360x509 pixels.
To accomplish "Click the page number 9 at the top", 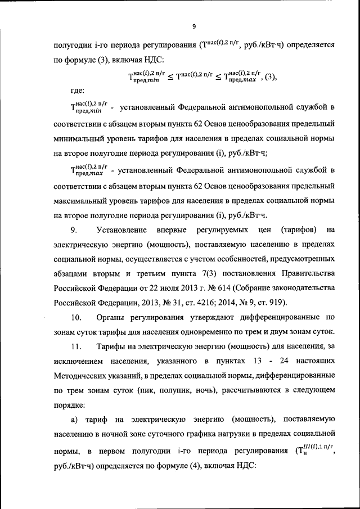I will (x=193, y=26).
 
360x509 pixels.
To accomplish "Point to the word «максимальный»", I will (x=82, y=200).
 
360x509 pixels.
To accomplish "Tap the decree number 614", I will (x=238, y=288).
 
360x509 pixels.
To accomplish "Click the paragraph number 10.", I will (x=75, y=317).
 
